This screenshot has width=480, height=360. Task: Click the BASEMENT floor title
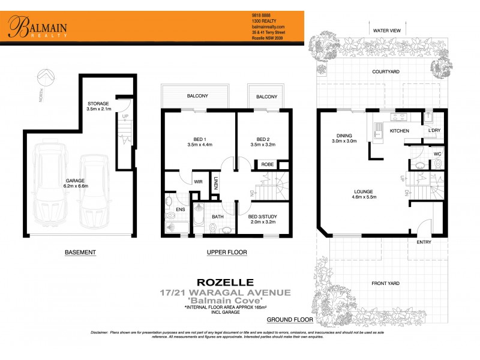point(80,253)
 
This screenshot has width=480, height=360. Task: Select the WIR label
point(197,181)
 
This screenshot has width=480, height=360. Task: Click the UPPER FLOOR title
point(226,253)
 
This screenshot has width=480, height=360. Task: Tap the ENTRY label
point(424,242)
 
